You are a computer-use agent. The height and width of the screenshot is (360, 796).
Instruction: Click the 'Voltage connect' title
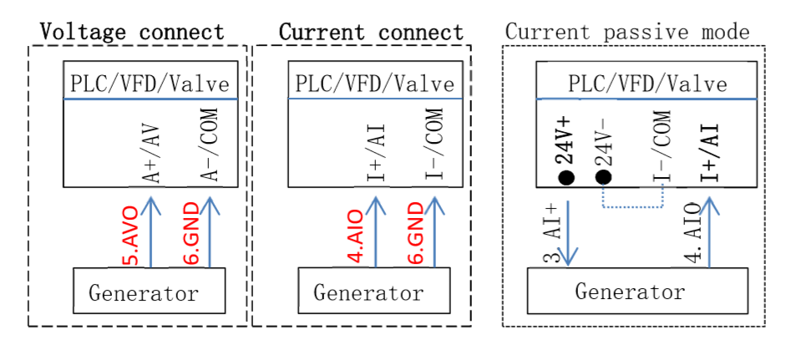click(x=133, y=32)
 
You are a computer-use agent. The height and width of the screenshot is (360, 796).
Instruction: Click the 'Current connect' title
click(x=371, y=32)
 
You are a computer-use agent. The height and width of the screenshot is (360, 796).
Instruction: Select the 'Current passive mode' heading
click(x=627, y=33)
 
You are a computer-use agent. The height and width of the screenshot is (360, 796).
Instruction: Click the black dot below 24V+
click(x=565, y=178)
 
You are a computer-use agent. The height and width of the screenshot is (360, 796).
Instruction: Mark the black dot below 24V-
click(x=604, y=178)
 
